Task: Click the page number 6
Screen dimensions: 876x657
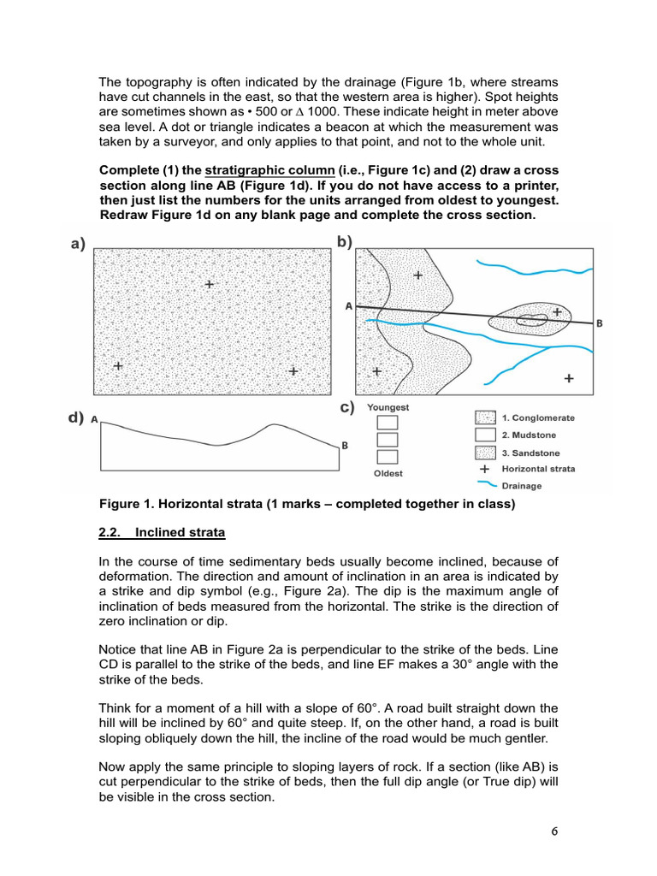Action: [x=557, y=831]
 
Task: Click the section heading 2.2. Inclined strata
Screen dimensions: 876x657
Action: [x=163, y=532]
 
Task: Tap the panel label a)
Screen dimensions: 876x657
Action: [x=79, y=245]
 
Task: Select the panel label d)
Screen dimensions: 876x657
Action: [x=77, y=418]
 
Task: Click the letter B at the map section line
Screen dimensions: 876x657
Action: [x=600, y=323]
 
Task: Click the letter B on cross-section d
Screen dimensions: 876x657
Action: [x=344, y=445]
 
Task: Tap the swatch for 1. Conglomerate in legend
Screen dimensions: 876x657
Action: [x=485, y=418]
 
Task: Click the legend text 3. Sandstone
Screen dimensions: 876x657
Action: [x=530, y=453]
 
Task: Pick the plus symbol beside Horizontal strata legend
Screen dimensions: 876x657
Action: [x=485, y=469]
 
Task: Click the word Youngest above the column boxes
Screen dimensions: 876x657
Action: [x=388, y=408]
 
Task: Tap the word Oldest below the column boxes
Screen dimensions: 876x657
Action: [x=388, y=473]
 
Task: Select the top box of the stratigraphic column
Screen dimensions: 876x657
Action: [x=388, y=423]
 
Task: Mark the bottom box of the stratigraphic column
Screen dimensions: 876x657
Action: [x=388, y=457]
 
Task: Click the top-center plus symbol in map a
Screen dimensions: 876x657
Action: [x=209, y=283]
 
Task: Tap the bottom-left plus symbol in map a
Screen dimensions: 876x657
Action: [x=118, y=365]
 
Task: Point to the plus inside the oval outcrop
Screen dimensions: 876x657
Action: [x=558, y=312]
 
